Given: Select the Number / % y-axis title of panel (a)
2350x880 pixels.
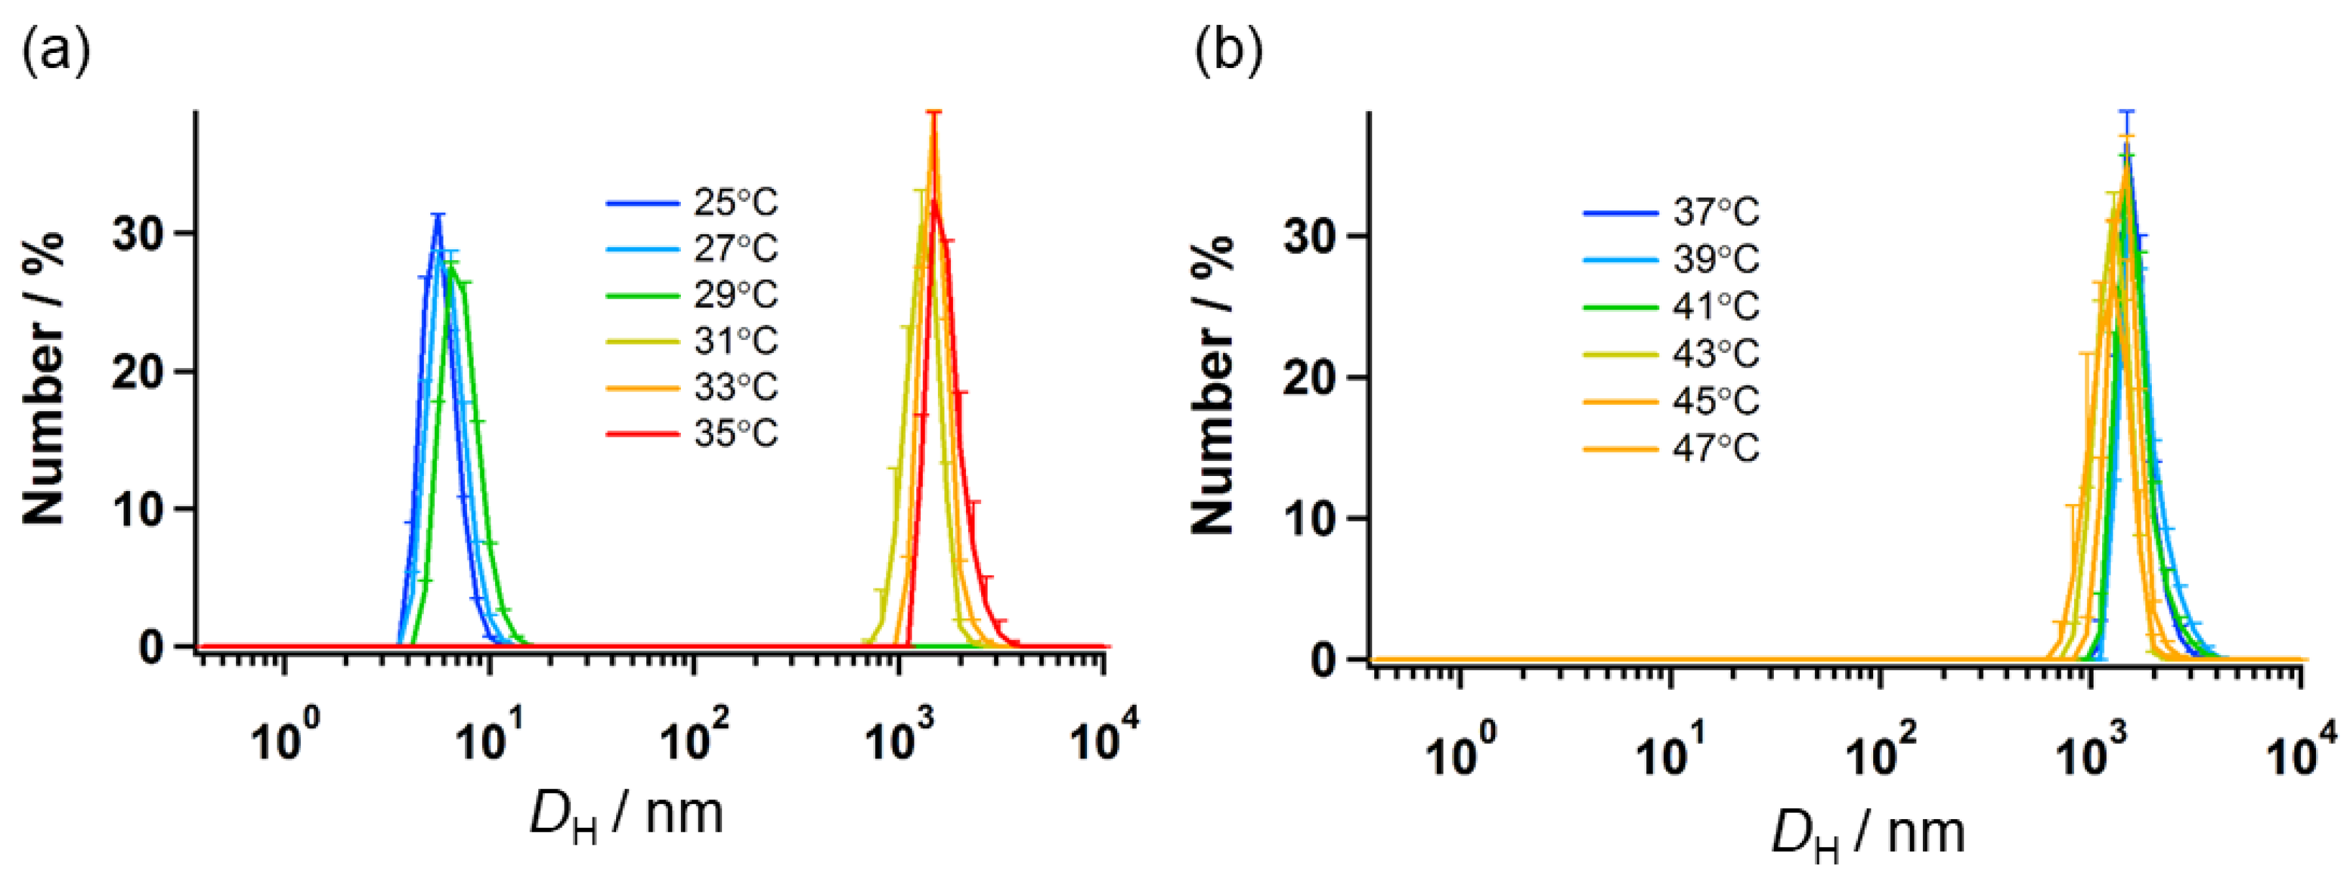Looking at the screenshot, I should (x=44, y=379).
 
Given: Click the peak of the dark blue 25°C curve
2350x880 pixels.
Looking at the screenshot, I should (x=439, y=217).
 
